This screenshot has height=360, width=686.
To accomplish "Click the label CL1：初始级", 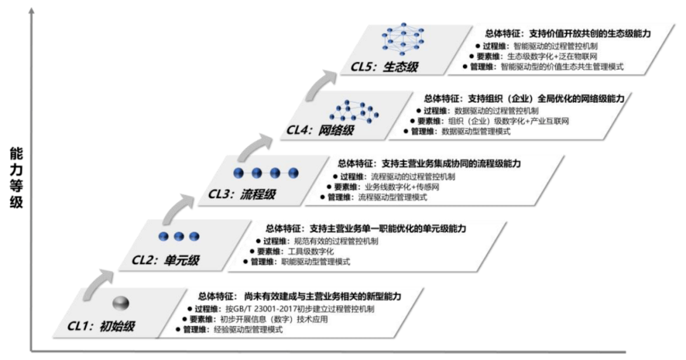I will pos(102,327).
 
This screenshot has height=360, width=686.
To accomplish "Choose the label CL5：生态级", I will pos(383,66).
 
